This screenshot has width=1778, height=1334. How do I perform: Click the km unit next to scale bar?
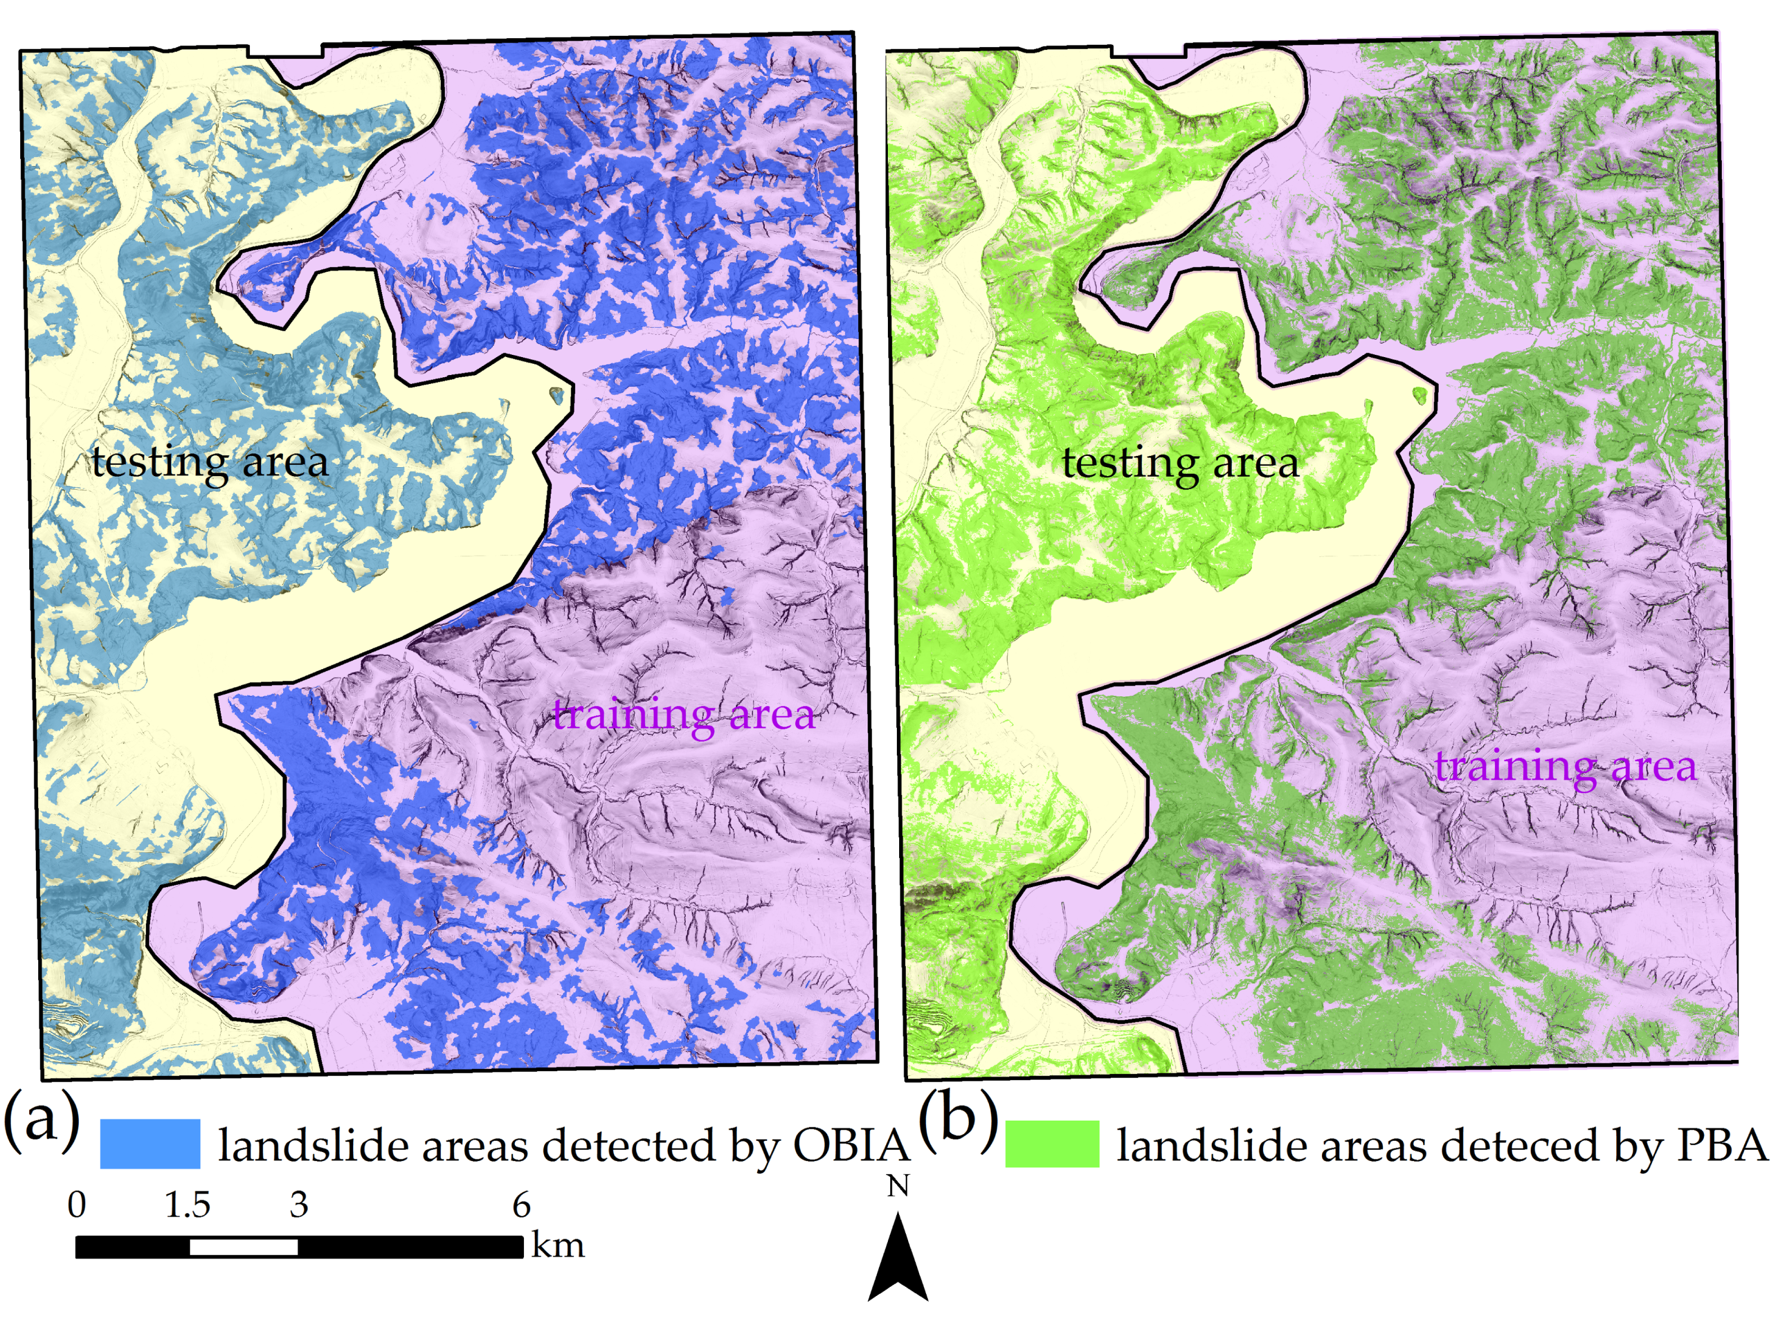[557, 1246]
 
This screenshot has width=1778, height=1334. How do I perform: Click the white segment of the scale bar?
[244, 1247]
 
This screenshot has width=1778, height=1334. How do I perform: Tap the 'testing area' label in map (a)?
[210, 463]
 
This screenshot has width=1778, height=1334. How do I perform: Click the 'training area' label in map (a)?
[684, 714]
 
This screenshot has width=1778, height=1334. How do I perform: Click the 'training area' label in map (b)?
[1566, 766]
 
